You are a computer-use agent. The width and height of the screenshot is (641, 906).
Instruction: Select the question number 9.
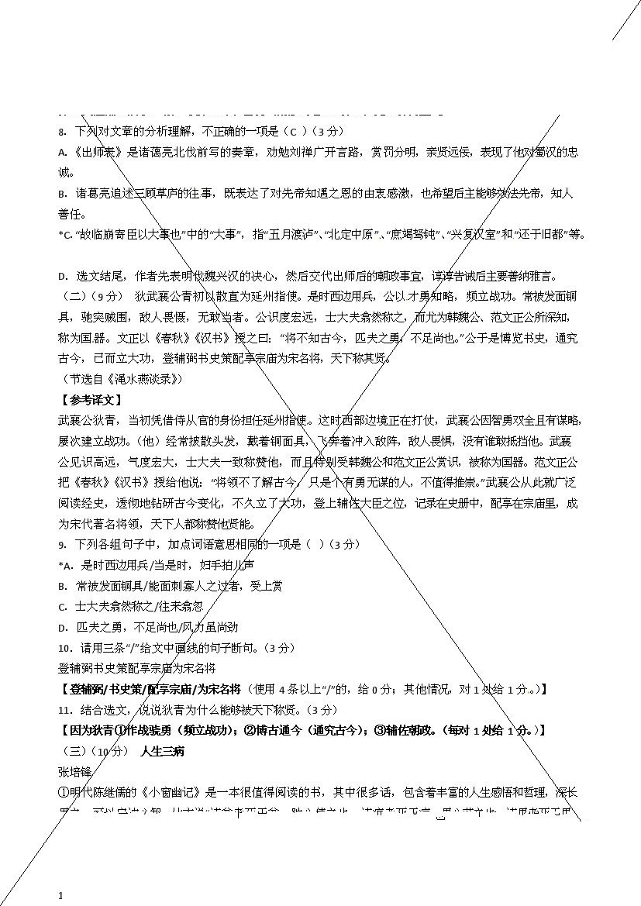point(62,545)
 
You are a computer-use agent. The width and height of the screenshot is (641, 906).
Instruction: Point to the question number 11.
point(65,710)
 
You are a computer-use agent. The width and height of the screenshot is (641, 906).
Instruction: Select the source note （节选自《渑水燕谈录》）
point(122,379)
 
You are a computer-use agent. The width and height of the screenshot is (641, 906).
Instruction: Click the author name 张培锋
point(75,772)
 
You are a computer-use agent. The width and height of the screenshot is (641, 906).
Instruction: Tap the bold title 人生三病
point(162,751)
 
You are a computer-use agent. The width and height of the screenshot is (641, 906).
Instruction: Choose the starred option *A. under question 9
point(65,565)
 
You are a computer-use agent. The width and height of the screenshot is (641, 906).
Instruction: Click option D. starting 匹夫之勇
point(63,627)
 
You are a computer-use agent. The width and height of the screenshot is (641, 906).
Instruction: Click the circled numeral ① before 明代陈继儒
point(64,793)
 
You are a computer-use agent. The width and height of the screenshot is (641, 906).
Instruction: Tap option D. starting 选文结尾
point(63,276)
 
